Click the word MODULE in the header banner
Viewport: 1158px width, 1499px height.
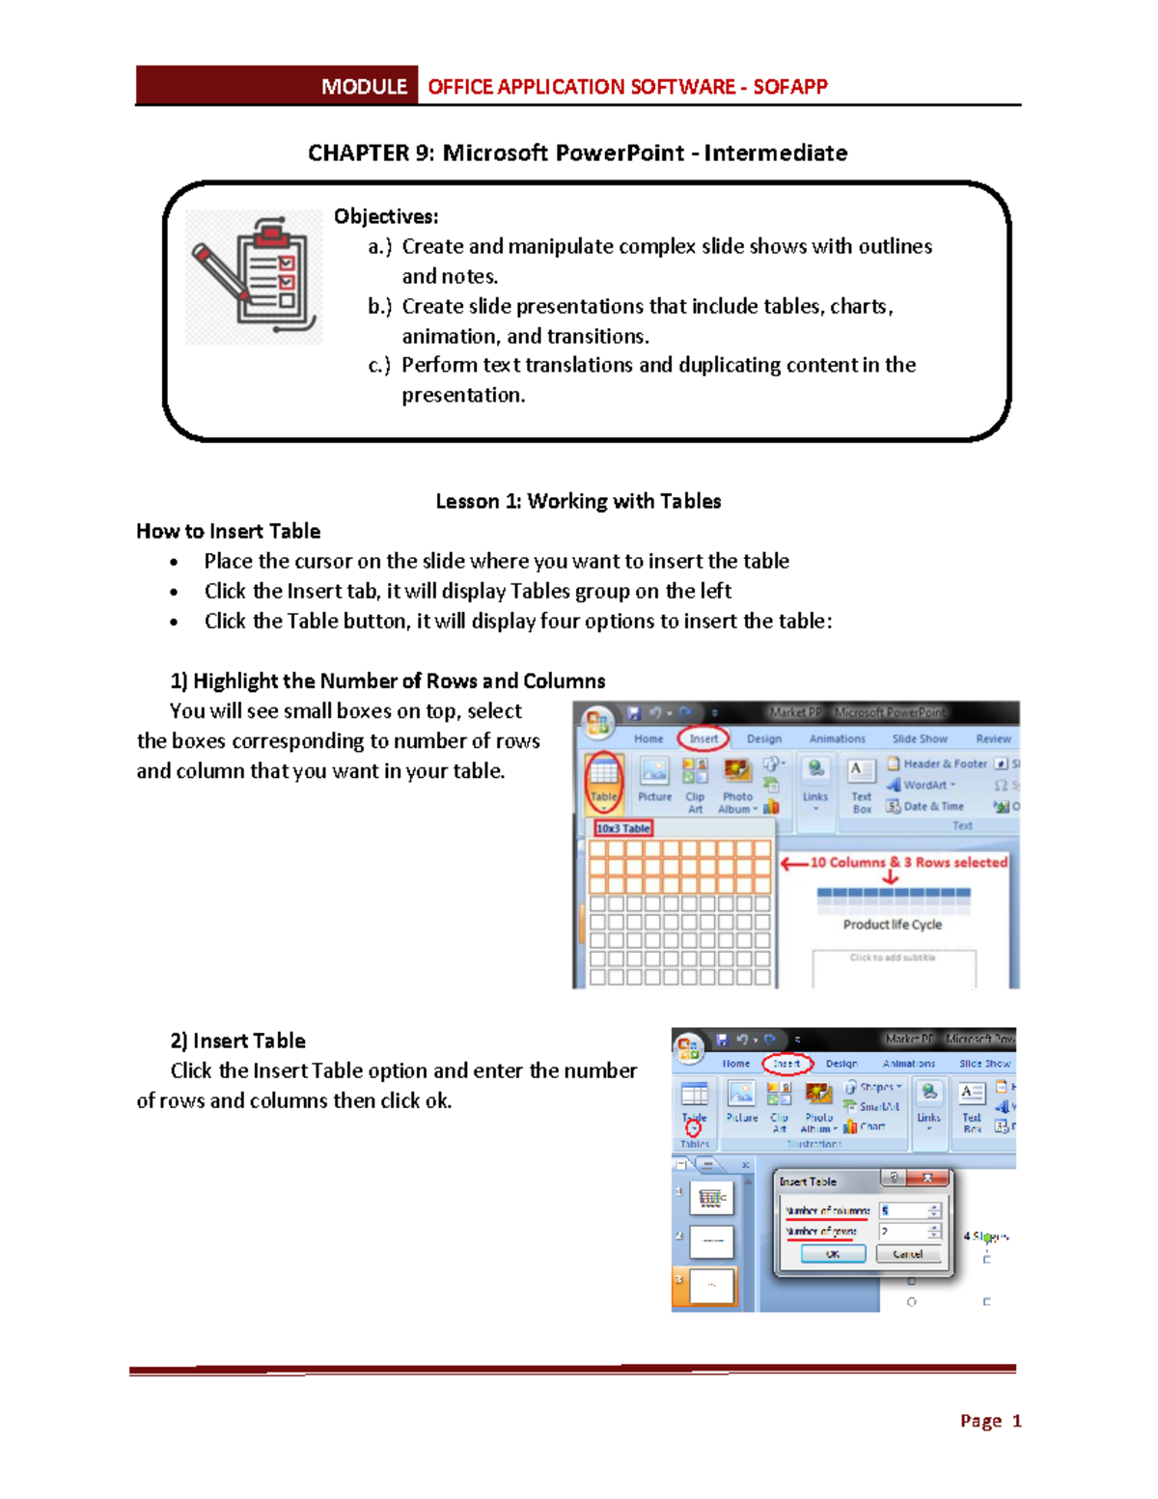(x=364, y=87)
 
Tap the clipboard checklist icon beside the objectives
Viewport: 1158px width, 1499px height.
(x=255, y=276)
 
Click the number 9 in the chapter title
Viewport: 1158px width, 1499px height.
(x=425, y=153)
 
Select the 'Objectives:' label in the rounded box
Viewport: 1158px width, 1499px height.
(x=386, y=216)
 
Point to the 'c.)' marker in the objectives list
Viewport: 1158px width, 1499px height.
(x=379, y=366)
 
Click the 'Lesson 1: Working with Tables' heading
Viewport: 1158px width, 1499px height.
(x=578, y=501)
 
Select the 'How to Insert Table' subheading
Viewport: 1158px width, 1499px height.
(x=228, y=531)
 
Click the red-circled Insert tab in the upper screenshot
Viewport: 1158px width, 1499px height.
(x=703, y=738)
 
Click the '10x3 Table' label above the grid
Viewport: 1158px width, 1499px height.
(x=623, y=828)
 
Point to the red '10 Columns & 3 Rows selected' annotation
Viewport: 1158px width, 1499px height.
(x=908, y=862)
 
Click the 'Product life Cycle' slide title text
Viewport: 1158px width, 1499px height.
(x=892, y=925)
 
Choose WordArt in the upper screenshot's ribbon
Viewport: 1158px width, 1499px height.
(x=924, y=785)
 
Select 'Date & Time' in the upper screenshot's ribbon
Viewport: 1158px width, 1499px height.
(x=932, y=806)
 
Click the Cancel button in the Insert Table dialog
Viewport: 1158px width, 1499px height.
(x=908, y=1254)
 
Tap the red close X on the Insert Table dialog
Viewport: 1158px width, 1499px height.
(x=927, y=1178)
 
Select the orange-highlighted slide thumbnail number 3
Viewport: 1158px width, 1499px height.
(x=712, y=1286)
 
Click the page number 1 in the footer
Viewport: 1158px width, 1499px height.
(x=1016, y=1421)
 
